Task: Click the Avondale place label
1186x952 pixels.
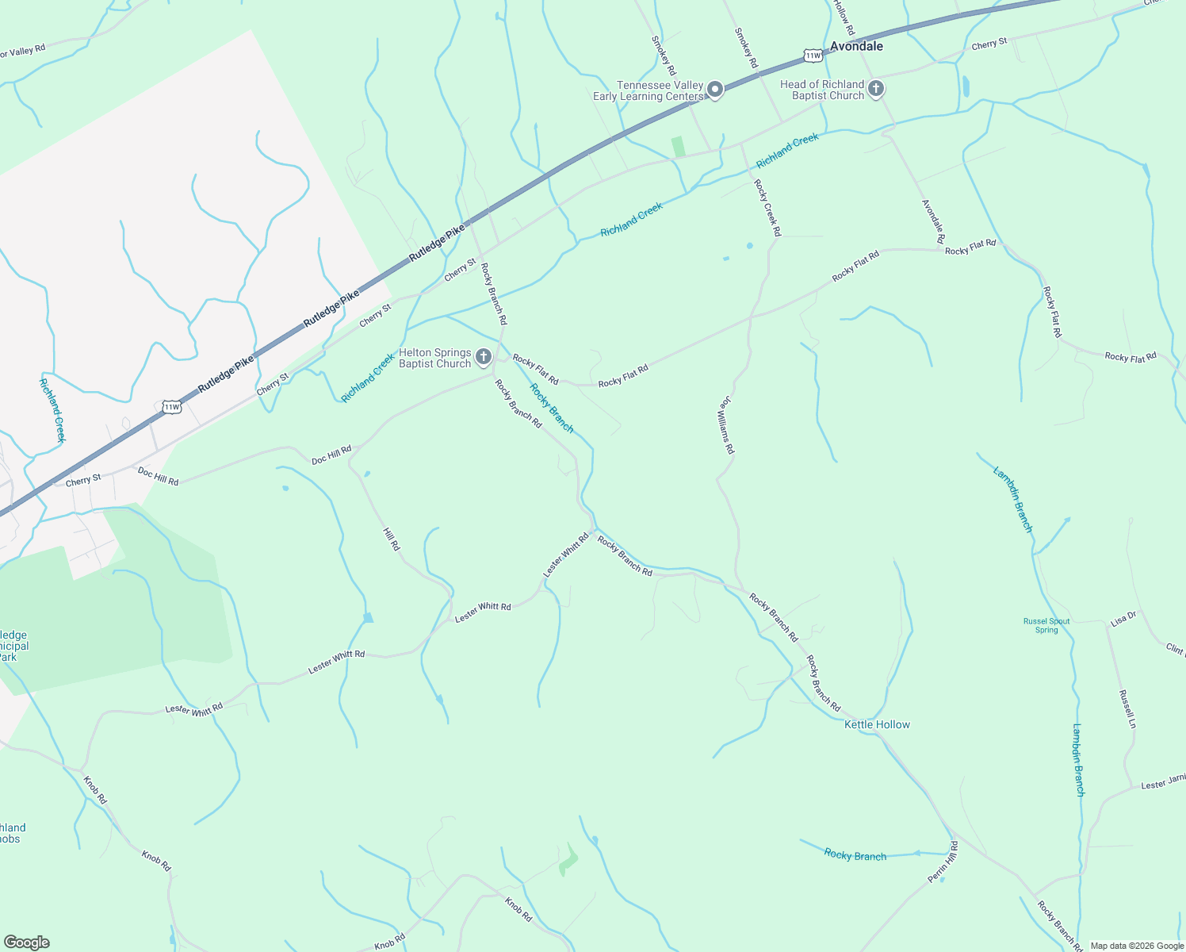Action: coord(856,47)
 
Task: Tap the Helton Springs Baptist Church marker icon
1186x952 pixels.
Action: coord(484,358)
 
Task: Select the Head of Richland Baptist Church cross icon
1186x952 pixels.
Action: coord(876,89)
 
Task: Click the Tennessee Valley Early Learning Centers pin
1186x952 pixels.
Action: coord(715,90)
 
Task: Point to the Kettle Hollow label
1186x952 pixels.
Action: coord(877,724)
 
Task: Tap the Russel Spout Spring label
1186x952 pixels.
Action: coord(1046,626)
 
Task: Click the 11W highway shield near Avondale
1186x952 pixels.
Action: coord(813,55)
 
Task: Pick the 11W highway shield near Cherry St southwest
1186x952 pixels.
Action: coord(171,407)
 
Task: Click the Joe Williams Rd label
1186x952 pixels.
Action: coord(726,426)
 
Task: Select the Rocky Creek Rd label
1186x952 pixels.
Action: coord(767,208)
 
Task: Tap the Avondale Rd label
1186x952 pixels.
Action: coord(933,221)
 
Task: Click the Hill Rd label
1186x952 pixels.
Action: coord(392,539)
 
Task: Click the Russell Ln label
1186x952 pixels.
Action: coord(1127,708)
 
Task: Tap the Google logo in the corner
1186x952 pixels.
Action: coord(26,942)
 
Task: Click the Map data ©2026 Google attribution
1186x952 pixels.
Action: coord(1137,946)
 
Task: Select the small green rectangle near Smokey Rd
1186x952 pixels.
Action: coord(678,147)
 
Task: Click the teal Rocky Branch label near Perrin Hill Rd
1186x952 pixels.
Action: coord(855,854)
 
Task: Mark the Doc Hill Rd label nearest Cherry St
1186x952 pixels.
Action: coord(158,476)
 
